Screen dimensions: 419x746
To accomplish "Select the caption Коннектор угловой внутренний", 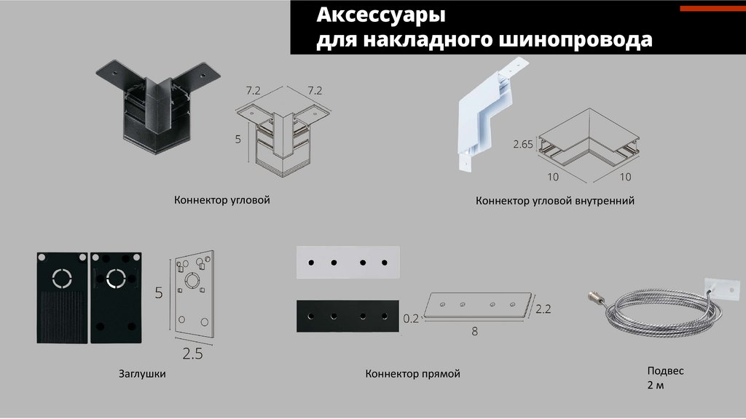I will click(555, 200).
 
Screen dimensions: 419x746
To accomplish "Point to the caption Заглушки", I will click(142, 374).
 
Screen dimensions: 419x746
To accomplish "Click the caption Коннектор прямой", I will click(413, 374).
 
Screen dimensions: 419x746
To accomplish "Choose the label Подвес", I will click(665, 370).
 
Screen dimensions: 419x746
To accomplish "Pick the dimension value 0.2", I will click(412, 318).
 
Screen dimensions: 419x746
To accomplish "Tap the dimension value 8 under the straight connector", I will click(474, 332).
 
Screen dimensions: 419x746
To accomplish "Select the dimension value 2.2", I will click(543, 309).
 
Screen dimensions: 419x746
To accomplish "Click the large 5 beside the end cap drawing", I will click(158, 294).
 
